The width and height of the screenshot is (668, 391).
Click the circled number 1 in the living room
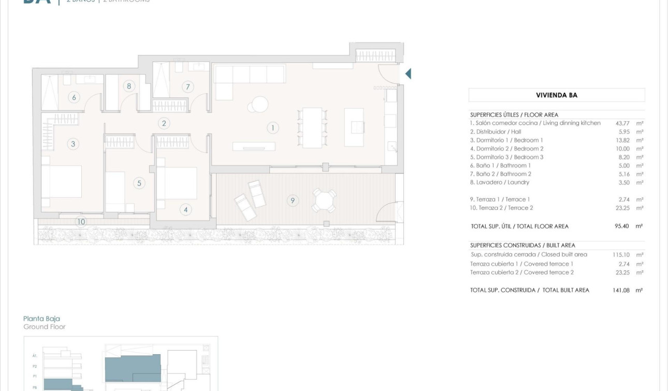tap(272, 127)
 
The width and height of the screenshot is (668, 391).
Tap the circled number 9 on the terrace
tap(293, 200)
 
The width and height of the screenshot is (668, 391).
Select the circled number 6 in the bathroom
tap(74, 97)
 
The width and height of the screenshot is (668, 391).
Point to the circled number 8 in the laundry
tap(129, 86)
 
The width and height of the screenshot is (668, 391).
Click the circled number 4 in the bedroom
tap(185, 210)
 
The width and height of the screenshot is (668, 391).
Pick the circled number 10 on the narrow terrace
tap(81, 222)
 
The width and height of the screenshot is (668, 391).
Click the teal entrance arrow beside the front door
tap(408, 74)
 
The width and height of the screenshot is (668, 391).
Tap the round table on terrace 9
tap(324, 200)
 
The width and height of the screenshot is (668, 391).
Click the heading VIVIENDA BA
tap(557, 95)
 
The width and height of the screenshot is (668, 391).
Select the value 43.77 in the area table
tap(622, 123)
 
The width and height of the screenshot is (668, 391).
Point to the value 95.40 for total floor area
tap(622, 226)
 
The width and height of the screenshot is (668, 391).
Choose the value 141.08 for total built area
tap(621, 291)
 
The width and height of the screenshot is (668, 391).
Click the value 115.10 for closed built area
tap(621, 255)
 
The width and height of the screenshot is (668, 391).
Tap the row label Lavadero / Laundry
tap(499, 182)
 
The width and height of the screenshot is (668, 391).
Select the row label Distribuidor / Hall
tap(495, 132)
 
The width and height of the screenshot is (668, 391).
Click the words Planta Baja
tap(41, 319)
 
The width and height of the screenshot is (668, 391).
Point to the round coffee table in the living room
tap(258, 105)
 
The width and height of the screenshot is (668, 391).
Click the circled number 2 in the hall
tap(164, 123)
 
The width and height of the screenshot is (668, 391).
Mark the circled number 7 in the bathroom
tap(187, 87)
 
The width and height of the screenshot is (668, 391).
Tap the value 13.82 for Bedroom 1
tap(622, 140)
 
